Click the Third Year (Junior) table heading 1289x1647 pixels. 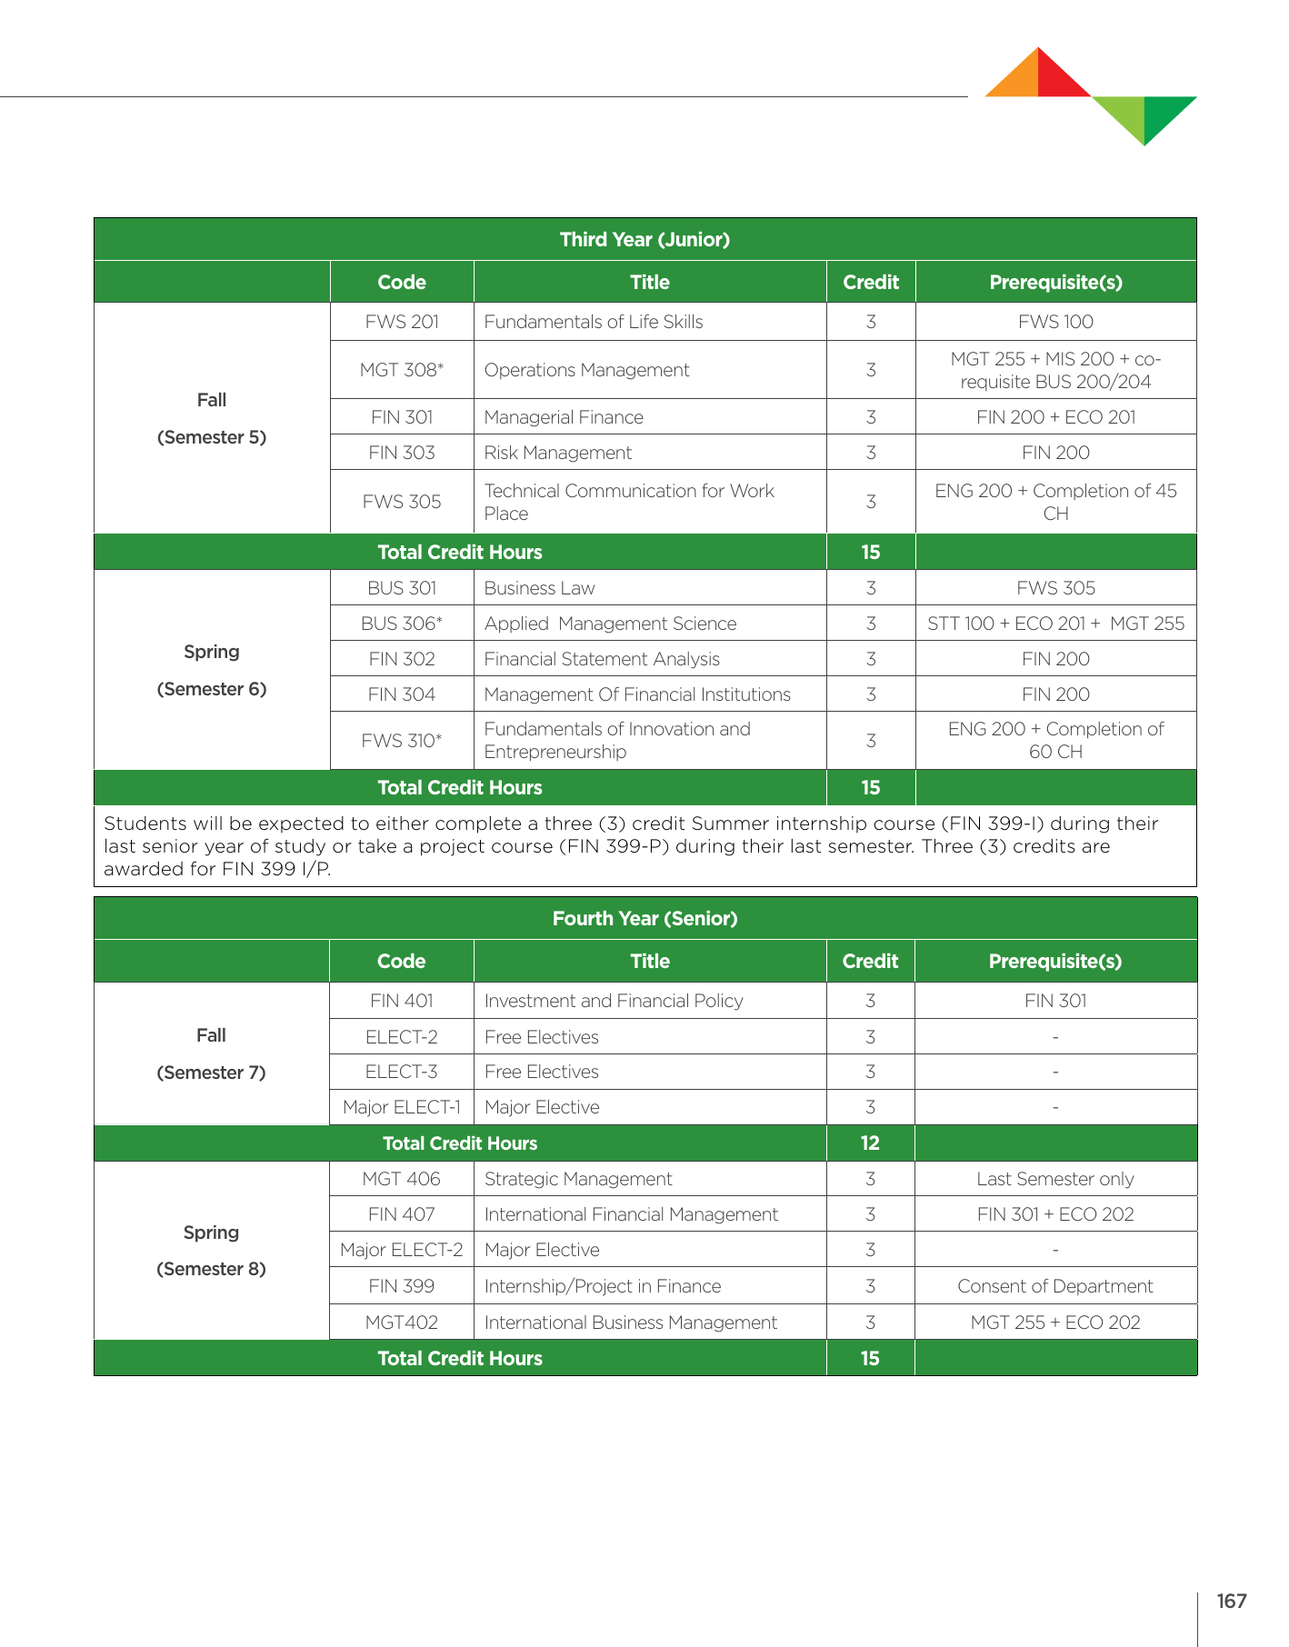pos(644,240)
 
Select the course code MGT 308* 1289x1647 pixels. pos(401,370)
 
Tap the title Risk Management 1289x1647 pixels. pos(557,453)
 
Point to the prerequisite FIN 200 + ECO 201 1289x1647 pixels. pos(1055,417)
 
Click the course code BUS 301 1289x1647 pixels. pos(402,588)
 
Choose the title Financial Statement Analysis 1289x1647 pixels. pos(602,659)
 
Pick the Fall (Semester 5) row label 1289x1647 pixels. pos(212,418)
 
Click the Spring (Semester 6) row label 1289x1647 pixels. pos(212,670)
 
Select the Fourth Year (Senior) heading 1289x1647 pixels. pos(644,919)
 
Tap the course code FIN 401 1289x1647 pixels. pos(401,1001)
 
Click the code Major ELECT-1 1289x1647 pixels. pos(401,1107)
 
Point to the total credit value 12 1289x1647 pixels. pos(870,1143)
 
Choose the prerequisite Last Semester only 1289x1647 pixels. pos(1054,1179)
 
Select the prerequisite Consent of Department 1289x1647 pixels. pos(1054,1286)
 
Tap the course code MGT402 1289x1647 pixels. pos(401,1323)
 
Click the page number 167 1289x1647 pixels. pos(1231,1601)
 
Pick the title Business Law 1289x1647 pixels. pos(539,588)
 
